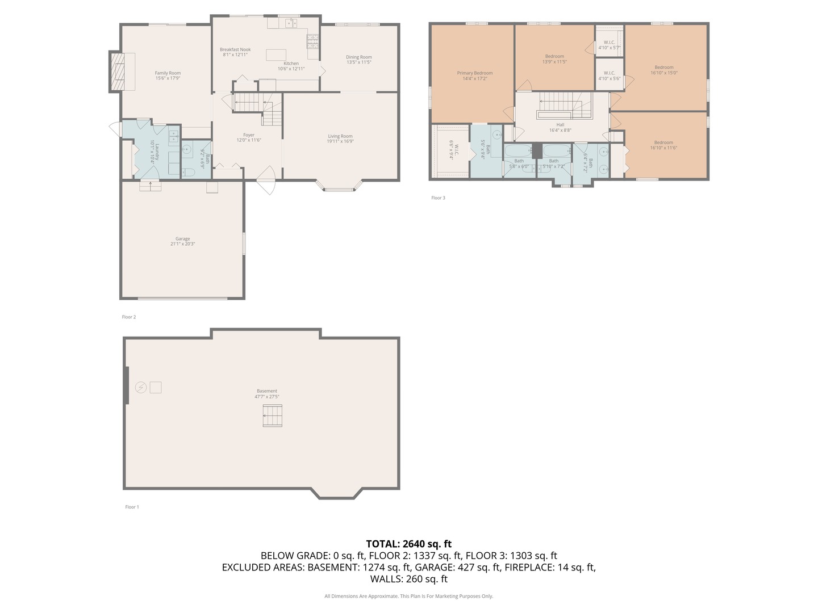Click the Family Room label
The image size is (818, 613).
coord(168,73)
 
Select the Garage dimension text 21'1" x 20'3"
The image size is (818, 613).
coord(182,244)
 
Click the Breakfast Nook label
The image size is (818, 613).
coord(235,49)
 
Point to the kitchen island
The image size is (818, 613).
coord(276,54)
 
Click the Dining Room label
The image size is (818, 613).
coord(358,57)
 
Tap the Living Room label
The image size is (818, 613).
coord(340,136)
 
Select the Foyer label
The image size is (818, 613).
coord(248,135)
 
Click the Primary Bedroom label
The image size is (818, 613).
coord(474,73)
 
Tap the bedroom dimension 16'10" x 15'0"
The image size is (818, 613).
coord(663,73)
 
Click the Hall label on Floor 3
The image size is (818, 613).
coord(560,125)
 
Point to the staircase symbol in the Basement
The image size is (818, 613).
coord(273,415)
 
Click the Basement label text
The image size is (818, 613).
coord(266,391)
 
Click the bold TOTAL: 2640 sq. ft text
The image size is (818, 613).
coord(408,544)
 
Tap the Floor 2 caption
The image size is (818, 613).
coord(129,317)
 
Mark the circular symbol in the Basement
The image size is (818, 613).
coord(140,387)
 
